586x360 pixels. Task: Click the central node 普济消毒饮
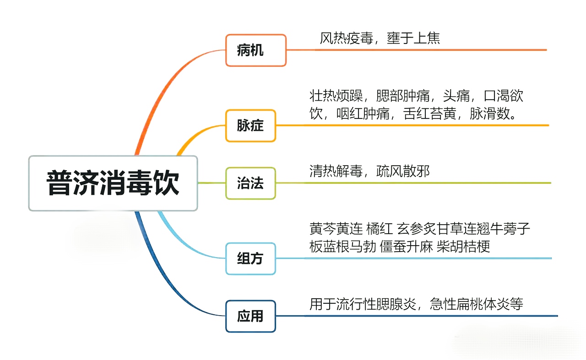(x=113, y=183)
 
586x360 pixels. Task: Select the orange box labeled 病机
(x=255, y=50)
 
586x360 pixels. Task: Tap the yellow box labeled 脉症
(x=250, y=125)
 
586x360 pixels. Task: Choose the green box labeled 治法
(x=250, y=183)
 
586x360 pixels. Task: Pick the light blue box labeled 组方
(x=250, y=258)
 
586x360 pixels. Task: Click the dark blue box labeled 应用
(x=250, y=316)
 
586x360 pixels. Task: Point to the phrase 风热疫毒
(x=346, y=38)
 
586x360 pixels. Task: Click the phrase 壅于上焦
(x=413, y=38)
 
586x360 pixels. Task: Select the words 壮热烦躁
(x=336, y=96)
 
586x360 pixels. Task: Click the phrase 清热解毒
(x=336, y=172)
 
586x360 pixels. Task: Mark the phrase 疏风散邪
(x=403, y=172)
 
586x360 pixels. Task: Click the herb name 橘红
(x=380, y=228)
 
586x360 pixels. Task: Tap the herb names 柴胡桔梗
(x=464, y=247)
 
